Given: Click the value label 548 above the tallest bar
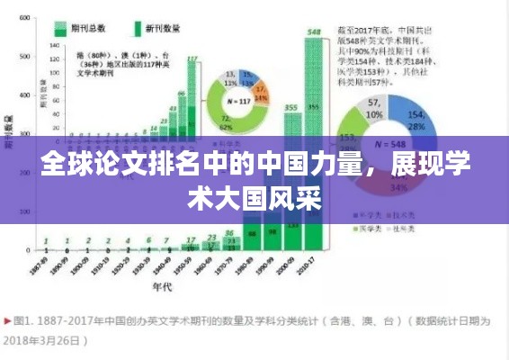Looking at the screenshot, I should pos(314,32).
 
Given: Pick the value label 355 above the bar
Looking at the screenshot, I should pos(291,107).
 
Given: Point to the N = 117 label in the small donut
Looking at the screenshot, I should pos(238,101).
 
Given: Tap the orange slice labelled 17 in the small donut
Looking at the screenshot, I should pos(260,90).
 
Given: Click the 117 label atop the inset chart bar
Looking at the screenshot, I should pos(192,59).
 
